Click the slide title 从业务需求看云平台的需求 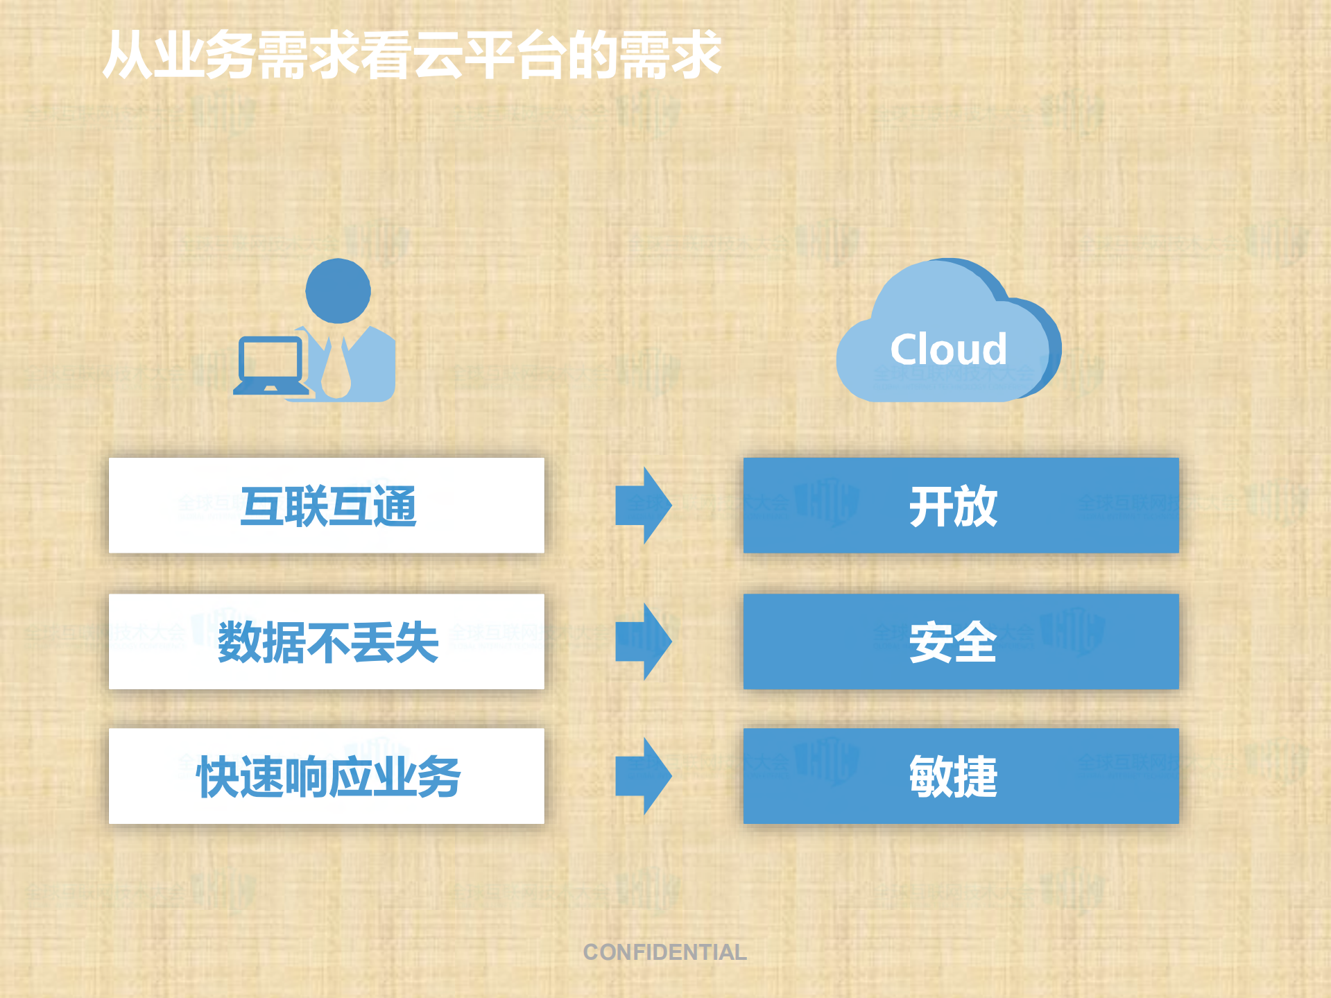[412, 54]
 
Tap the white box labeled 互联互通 [327, 506]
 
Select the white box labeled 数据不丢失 [327, 642]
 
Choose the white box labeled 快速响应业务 [327, 776]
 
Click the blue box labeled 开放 [961, 506]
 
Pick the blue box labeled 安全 [961, 642]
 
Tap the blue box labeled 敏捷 [961, 776]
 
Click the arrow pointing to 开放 [643, 506]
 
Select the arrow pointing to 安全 [643, 642]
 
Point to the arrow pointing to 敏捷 [643, 776]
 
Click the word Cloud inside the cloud [948, 349]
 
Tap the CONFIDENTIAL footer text [664, 952]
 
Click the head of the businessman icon [338, 291]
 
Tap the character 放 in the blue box [976, 506]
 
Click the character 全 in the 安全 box [976, 642]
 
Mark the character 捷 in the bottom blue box [976, 777]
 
